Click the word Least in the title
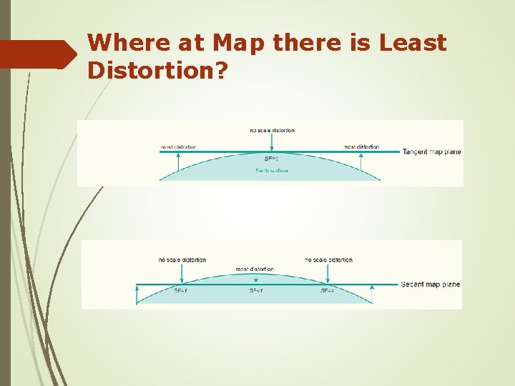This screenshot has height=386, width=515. tap(413, 43)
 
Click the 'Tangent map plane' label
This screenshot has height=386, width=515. tap(431, 152)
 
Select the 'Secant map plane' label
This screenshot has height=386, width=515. tap(430, 284)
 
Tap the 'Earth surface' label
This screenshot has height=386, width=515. tap(271, 171)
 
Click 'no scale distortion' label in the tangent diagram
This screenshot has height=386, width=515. tap(272, 130)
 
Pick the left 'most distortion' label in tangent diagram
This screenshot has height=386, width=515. tap(178, 147)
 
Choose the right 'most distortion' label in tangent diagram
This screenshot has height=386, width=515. tap(361, 147)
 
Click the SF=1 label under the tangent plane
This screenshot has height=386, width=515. tap(271, 159)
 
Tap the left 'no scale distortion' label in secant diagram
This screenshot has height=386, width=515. tap(182, 259)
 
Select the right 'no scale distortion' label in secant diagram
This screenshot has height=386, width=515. tap(328, 259)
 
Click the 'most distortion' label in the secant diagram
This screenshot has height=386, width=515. tap(255, 269)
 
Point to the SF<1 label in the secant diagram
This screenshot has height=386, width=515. tap(255, 291)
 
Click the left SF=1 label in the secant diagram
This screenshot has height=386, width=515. tap(181, 291)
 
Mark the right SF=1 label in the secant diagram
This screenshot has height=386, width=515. tap(328, 291)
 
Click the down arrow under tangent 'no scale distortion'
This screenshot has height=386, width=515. tap(272, 143)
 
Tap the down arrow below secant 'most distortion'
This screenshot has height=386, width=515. tap(255, 279)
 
